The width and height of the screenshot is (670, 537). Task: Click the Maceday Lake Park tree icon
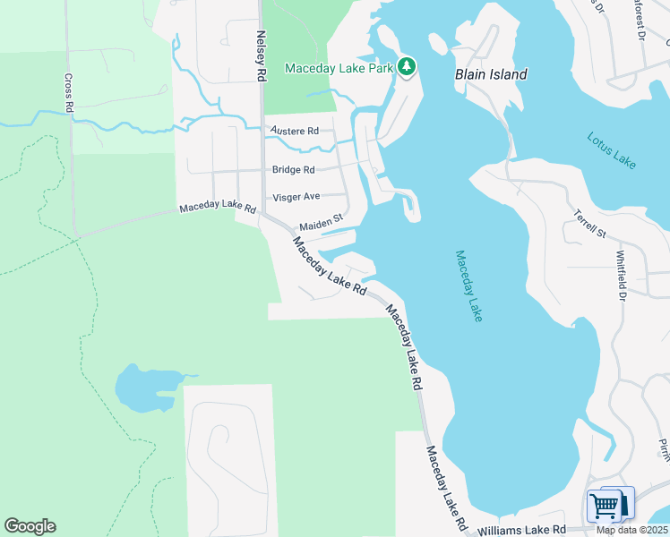407,67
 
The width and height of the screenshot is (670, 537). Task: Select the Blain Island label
491,75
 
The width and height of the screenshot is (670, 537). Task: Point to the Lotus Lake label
612,150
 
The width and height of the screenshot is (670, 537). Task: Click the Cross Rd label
69,92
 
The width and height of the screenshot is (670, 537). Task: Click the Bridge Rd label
294,169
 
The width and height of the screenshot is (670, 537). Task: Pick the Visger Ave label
296,196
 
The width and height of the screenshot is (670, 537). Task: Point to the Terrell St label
590,225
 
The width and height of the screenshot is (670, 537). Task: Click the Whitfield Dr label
621,277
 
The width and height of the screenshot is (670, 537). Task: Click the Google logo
30,526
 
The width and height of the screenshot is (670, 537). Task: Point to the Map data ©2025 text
632,530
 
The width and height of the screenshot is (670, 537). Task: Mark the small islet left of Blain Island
438,44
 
